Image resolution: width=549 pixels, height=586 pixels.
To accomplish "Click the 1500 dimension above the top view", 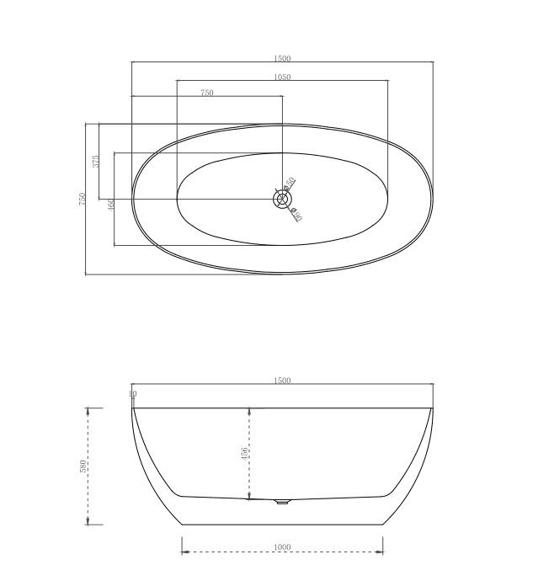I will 282,58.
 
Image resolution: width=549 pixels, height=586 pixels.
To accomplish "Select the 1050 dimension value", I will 282,77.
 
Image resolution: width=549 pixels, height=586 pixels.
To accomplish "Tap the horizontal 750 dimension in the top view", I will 207,93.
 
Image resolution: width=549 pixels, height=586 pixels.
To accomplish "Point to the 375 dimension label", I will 96,162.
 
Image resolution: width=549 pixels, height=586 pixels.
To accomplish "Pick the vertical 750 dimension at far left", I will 83,200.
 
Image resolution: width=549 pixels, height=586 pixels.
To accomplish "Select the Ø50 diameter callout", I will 290,183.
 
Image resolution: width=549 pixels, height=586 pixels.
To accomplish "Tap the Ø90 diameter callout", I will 296,216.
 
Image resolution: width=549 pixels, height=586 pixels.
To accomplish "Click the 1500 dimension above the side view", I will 282,381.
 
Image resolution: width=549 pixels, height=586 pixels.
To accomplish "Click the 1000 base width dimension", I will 282,547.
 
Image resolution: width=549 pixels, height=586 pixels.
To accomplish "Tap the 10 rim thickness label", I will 132,394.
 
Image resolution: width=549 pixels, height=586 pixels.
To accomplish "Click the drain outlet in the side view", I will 282,503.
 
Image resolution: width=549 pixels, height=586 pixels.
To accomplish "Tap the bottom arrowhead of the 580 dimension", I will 88,521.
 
